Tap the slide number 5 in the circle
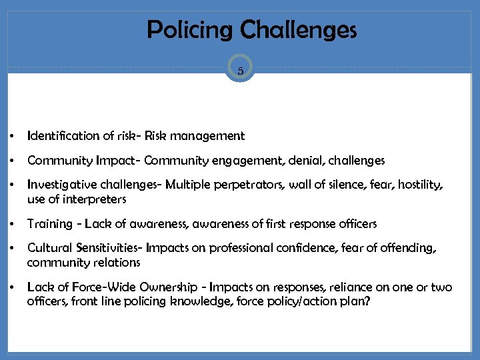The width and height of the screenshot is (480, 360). point(240,69)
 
